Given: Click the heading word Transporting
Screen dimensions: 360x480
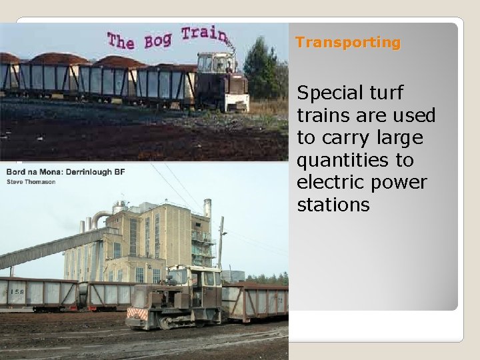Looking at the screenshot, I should (x=348, y=43).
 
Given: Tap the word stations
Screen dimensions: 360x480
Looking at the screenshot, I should (x=333, y=205).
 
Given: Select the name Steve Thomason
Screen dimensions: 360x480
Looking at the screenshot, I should (x=31, y=181).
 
